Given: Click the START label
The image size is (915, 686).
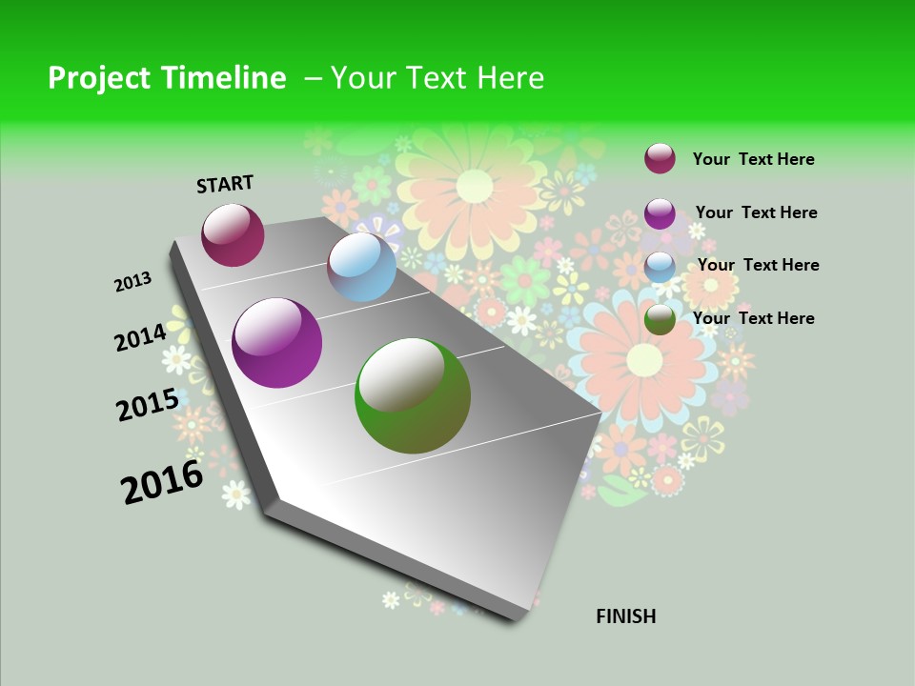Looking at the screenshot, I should point(225,184).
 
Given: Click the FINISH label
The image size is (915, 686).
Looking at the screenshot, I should point(625,616).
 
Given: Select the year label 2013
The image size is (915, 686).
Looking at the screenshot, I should point(133,281).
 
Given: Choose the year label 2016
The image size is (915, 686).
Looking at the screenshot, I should point(162,481).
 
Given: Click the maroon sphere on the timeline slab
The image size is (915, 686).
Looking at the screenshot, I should point(233,234).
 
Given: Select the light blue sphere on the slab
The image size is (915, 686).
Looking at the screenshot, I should point(361,267).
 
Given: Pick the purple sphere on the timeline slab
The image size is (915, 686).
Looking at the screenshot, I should point(276,343).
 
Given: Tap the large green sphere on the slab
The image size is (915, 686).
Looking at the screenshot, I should point(413,395).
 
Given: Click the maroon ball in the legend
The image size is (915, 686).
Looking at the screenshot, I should point(660,158).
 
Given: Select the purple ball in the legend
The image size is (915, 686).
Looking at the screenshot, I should point(660,213).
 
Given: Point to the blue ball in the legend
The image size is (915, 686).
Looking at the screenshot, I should point(660,267).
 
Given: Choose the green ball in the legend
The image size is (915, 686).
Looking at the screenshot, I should point(660,319).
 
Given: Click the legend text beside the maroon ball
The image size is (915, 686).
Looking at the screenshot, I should point(753,159).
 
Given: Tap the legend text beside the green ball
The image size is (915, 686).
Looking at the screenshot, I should point(753,318).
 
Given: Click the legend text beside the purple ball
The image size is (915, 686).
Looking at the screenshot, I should point(756,212).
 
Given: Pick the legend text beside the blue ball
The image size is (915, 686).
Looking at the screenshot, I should point(758,265).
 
